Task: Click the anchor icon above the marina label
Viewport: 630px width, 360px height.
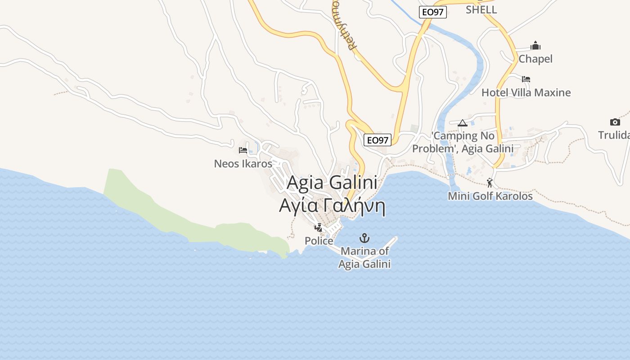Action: tap(364, 238)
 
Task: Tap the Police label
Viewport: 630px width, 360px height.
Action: tap(319, 241)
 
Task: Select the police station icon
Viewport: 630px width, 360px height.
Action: tap(319, 228)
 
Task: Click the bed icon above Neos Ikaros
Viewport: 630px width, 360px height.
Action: tap(243, 150)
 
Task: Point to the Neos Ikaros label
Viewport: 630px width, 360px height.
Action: tap(243, 163)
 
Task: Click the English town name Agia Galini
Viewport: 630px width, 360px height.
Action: tap(332, 182)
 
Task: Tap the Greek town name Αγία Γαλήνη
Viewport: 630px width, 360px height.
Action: tap(332, 206)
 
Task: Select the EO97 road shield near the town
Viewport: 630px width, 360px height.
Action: tap(377, 140)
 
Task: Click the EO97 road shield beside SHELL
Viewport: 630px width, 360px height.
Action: tap(432, 12)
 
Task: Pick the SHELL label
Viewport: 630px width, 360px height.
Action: tap(481, 9)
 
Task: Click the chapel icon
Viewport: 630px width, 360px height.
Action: tap(535, 45)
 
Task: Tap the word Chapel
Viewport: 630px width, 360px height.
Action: tap(535, 59)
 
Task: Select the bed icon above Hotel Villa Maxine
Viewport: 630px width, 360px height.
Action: tap(526, 79)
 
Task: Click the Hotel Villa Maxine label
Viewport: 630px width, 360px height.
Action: tap(526, 93)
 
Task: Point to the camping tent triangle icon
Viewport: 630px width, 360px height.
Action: tap(462, 123)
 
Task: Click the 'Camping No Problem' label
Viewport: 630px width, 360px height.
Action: tap(463, 142)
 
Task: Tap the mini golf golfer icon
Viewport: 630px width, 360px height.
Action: tap(490, 183)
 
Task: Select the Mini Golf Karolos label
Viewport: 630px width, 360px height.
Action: tap(490, 196)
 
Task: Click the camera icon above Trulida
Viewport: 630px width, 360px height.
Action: tap(615, 122)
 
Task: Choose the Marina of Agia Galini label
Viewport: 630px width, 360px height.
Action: tap(364, 258)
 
